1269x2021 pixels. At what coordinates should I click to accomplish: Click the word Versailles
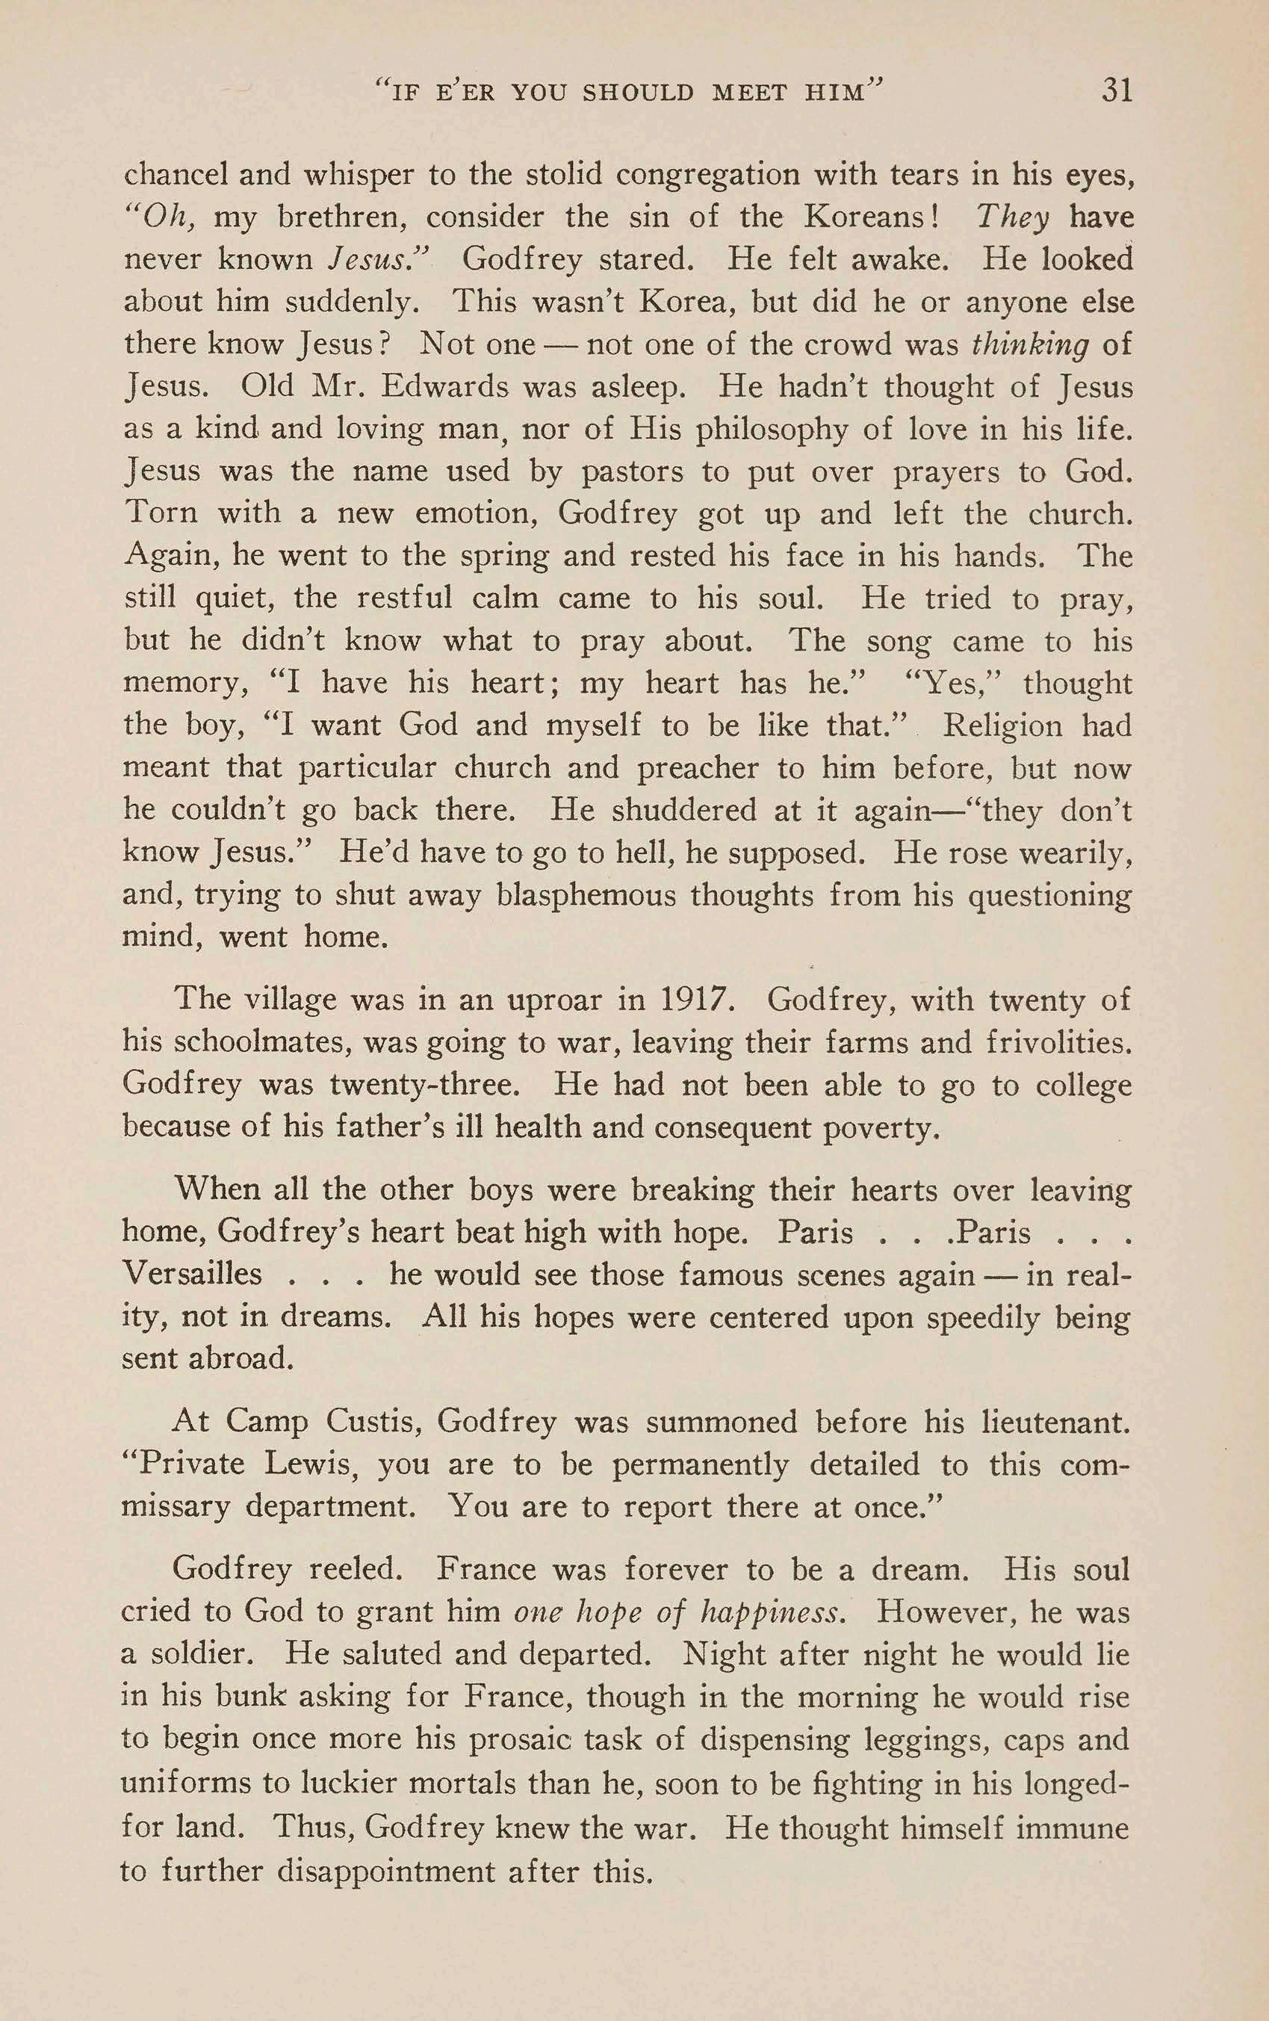click(x=192, y=1274)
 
